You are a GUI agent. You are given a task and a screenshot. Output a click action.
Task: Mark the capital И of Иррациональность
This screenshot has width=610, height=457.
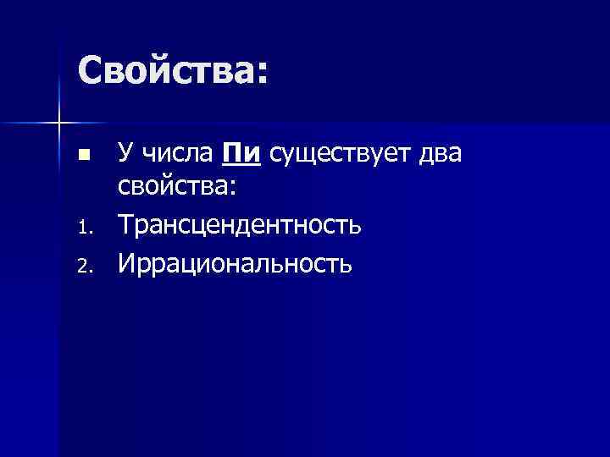click(x=126, y=265)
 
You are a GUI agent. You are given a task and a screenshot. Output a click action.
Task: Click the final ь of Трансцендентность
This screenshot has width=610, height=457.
click(x=357, y=228)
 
